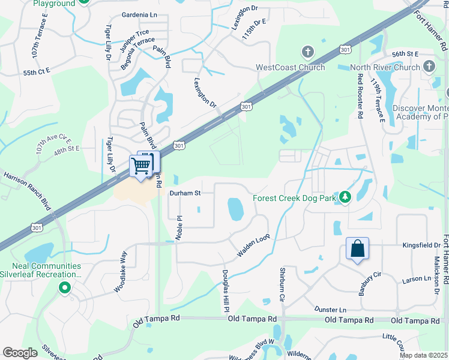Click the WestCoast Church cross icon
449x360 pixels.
click(x=308, y=52)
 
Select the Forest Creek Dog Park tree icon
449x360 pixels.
click(x=345, y=197)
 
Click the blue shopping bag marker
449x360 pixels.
click(x=357, y=249)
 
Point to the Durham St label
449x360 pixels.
click(x=184, y=193)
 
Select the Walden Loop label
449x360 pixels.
click(x=251, y=247)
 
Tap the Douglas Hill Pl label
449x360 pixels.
click(x=226, y=290)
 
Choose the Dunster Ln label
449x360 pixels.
click(x=331, y=309)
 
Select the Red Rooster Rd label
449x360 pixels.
click(x=360, y=95)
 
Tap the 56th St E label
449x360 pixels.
click(x=405, y=54)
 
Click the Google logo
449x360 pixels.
click(x=20, y=352)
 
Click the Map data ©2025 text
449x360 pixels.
click(x=424, y=355)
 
